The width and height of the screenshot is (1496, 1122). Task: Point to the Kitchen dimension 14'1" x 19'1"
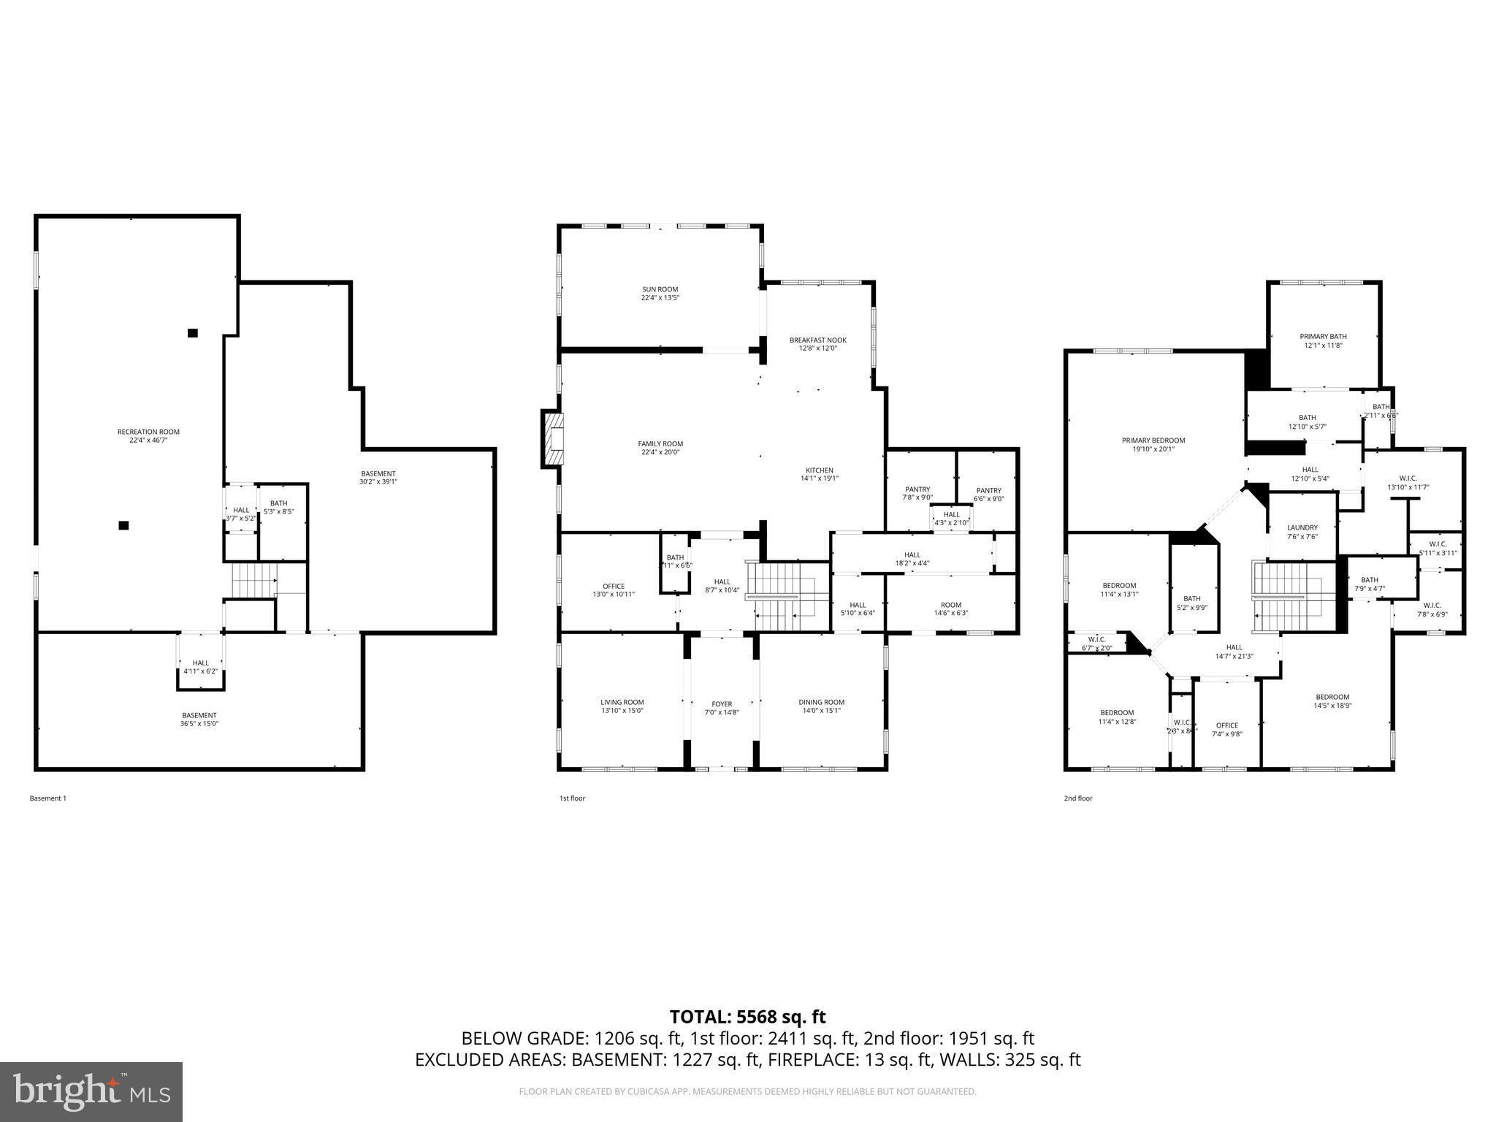pyautogui.click(x=819, y=478)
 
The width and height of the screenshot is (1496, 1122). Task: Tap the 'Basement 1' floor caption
pyautogui.click(x=47, y=798)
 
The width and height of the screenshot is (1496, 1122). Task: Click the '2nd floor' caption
pyautogui.click(x=1077, y=798)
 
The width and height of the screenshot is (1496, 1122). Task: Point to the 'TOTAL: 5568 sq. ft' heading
pyautogui.click(x=747, y=1016)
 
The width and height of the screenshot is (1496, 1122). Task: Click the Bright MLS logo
pyautogui.click(x=91, y=1092)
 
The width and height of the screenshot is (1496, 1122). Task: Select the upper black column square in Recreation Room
pyautogui.click(x=193, y=333)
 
